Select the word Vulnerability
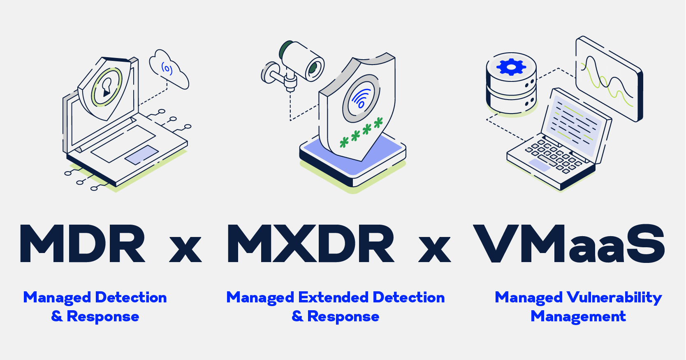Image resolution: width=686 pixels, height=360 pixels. point(614,298)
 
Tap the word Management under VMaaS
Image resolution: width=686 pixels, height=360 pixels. point(578,316)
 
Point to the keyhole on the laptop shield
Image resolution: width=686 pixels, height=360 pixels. point(107,86)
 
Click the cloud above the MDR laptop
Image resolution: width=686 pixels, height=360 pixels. point(169,70)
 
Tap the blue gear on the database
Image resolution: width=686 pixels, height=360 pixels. point(511,67)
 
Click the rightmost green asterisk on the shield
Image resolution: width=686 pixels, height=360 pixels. point(378,122)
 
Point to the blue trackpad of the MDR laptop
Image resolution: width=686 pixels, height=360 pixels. point(141,155)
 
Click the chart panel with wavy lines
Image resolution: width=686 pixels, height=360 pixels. point(609,79)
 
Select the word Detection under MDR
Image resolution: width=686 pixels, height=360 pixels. point(131,297)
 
